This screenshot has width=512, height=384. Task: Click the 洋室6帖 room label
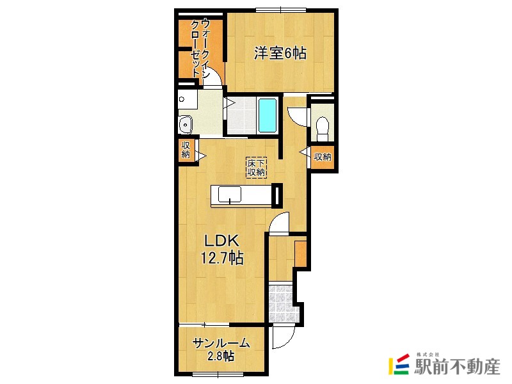(280, 53)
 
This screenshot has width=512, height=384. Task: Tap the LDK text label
(222, 241)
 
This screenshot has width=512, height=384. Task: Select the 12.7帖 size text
(222, 258)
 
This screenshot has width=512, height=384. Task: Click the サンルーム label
(221, 344)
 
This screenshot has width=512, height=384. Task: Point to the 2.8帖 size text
(221, 356)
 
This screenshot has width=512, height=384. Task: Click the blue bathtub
(268, 115)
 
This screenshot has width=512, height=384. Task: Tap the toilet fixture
(323, 129)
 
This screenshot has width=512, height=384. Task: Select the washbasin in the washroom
(186, 125)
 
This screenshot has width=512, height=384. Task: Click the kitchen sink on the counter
(230, 195)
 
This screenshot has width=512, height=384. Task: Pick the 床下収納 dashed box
(257, 168)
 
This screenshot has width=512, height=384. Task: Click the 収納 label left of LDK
(186, 150)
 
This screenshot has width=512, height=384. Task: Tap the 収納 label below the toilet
(323, 157)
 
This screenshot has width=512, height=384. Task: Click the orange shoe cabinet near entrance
(300, 253)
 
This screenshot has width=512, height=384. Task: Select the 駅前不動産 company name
(457, 366)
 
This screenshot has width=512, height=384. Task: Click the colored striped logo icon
(399, 364)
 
